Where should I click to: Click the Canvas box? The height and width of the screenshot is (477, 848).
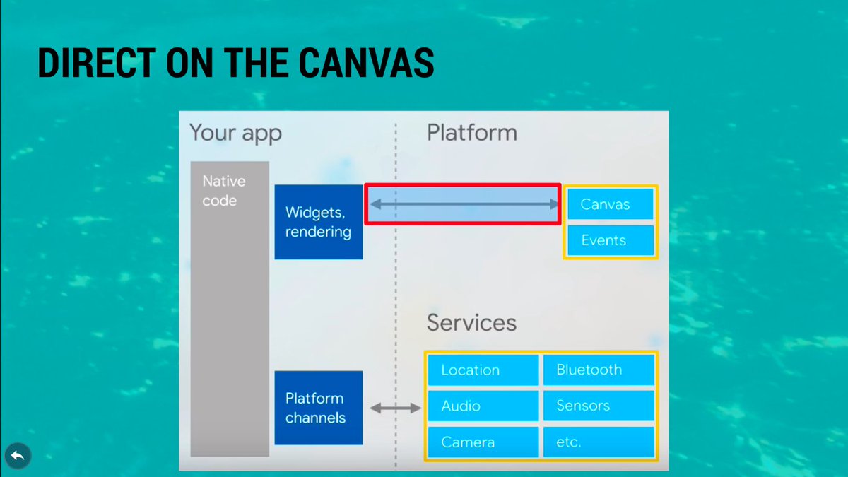610,205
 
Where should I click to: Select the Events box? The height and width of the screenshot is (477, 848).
610,240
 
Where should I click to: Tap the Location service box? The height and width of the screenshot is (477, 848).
483,370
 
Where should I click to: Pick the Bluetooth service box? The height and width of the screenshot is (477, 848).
598,370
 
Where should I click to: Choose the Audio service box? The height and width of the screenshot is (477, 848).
483,406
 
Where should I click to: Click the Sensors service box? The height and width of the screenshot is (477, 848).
598,406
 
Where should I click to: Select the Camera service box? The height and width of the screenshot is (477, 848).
483,442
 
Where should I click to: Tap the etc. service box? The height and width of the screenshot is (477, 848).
598,442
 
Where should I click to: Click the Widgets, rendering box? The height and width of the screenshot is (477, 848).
318,222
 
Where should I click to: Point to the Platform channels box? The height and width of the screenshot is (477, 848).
318,408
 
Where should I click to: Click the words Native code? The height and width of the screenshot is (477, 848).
223,191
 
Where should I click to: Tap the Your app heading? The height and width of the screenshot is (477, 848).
235,133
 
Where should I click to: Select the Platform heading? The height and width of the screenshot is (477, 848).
471,133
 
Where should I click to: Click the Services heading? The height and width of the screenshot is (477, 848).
471,323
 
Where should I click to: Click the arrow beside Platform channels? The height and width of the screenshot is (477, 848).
395,408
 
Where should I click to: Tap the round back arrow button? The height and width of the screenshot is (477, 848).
18,457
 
